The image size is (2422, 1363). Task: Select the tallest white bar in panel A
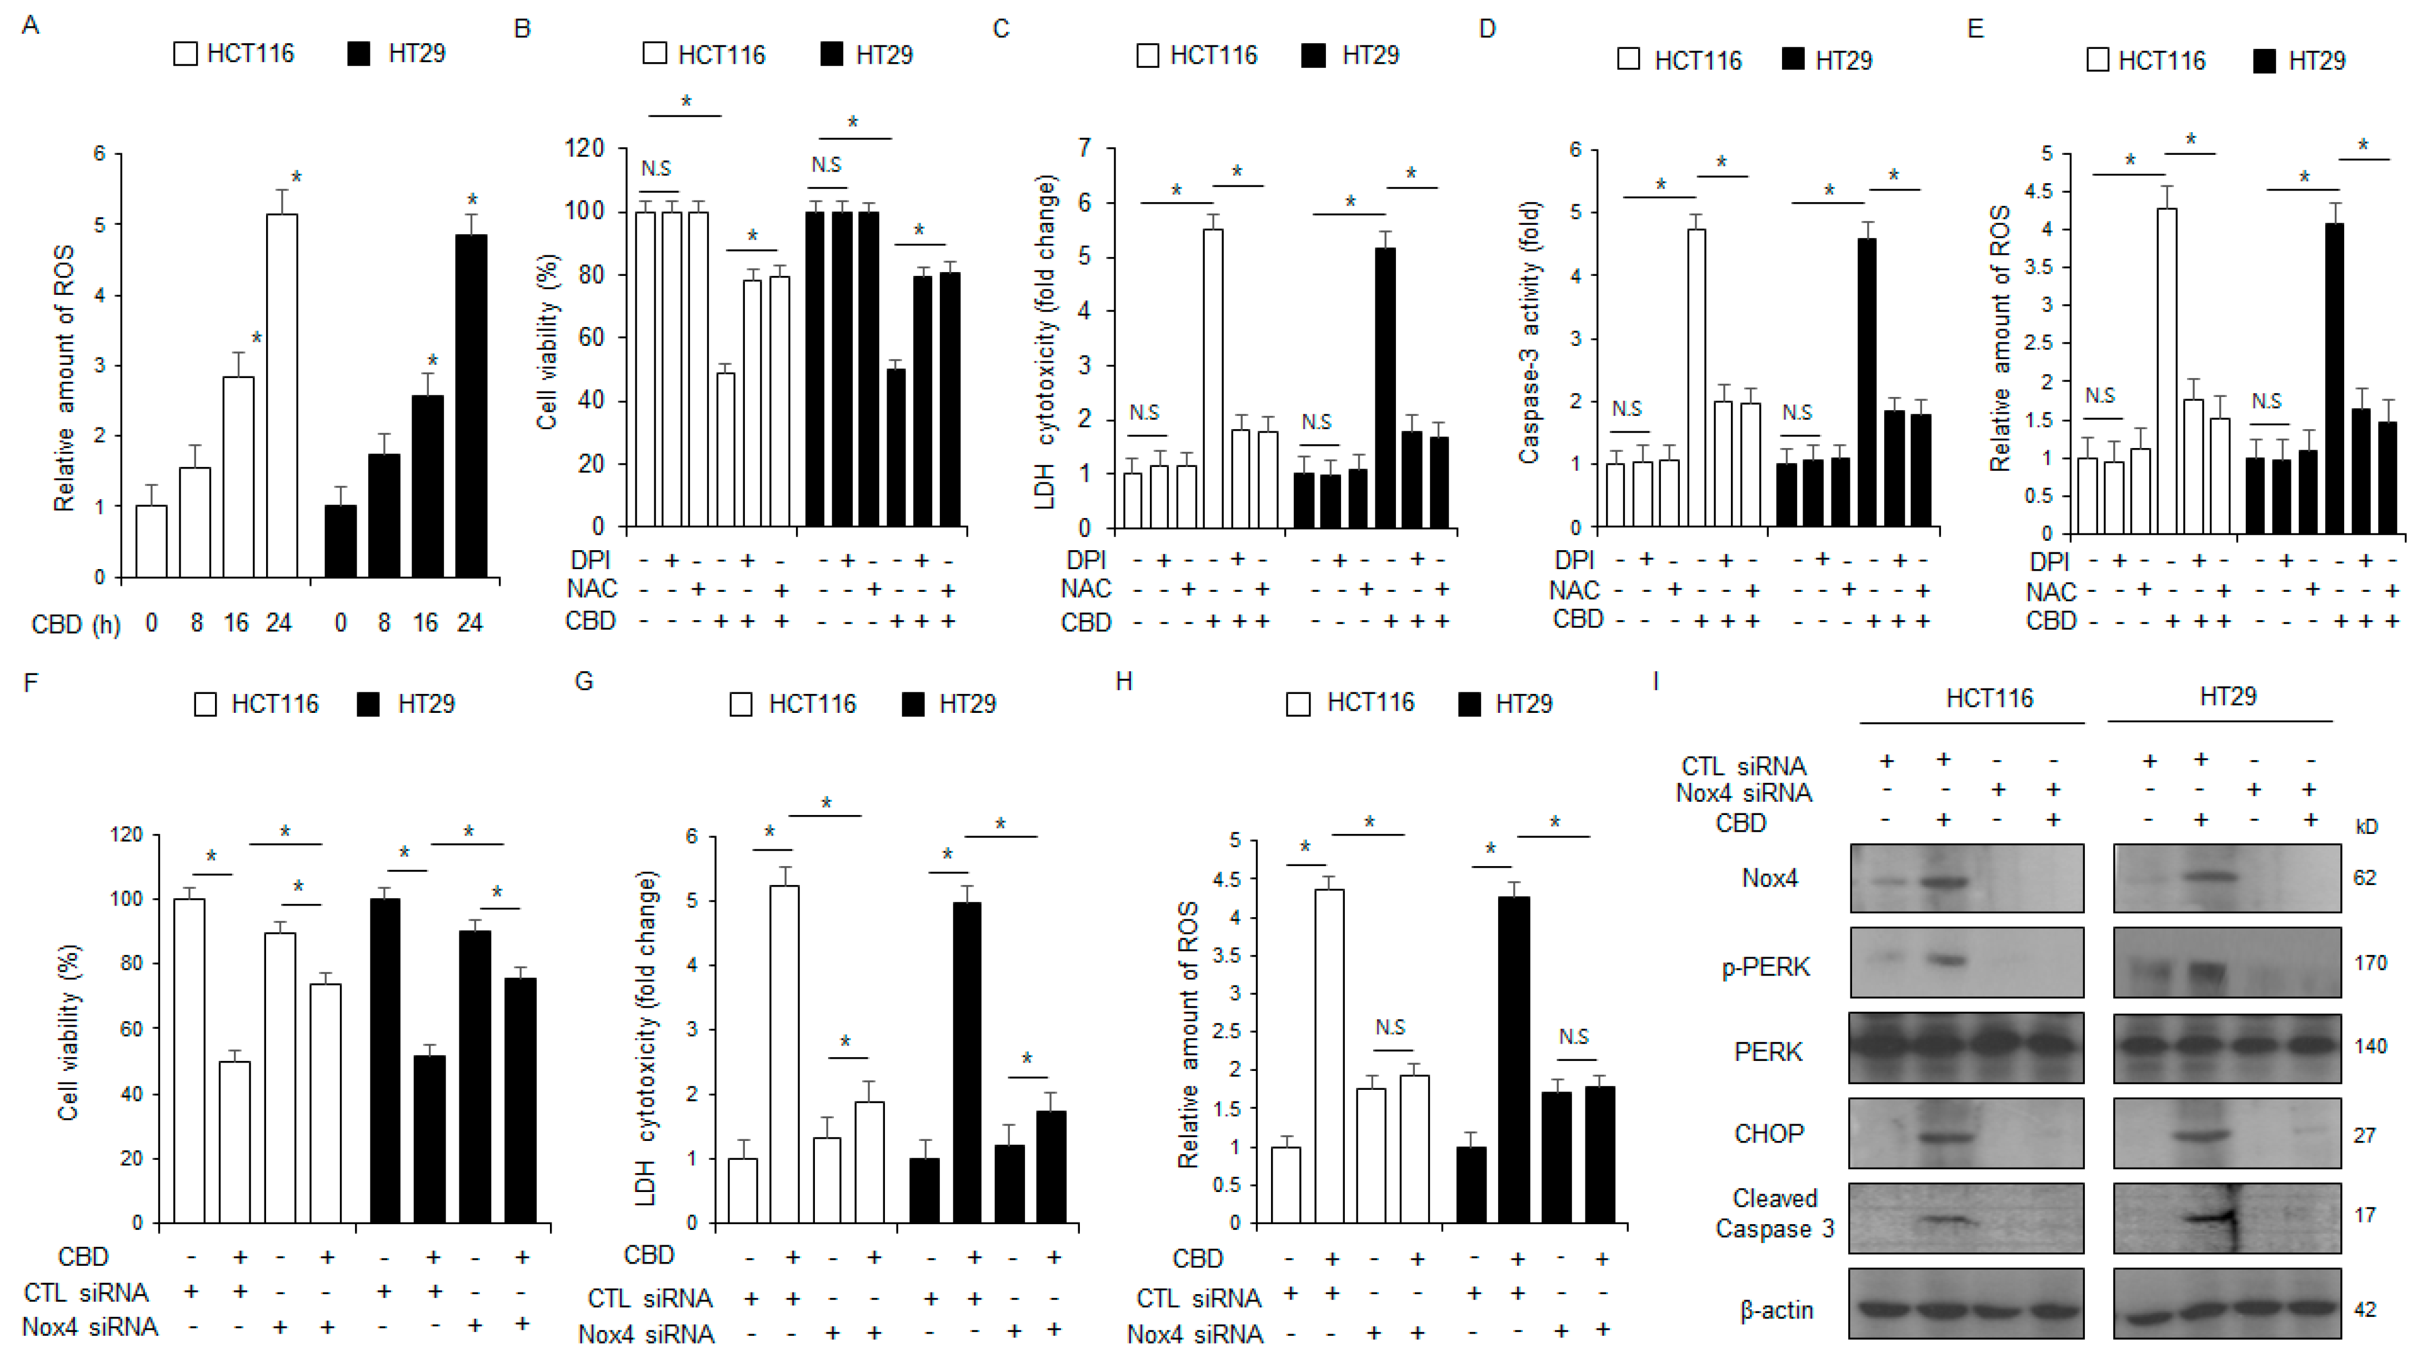click(x=282, y=395)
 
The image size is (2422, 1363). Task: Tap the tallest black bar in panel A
click(x=471, y=404)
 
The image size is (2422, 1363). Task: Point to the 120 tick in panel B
click(x=583, y=149)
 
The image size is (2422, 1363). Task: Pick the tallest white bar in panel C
click(x=1214, y=376)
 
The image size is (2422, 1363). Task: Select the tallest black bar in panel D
click(x=1867, y=381)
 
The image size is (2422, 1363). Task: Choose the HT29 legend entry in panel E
click(x=2299, y=61)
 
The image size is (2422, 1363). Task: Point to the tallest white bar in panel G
click(x=785, y=1053)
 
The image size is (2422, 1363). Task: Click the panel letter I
click(x=1656, y=681)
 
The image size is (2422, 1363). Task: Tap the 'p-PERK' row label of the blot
click(x=1766, y=967)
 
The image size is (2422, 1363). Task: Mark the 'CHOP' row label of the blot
click(x=1769, y=1134)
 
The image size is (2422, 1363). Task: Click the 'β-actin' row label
click(x=1776, y=1309)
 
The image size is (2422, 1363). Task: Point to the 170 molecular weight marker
click(x=2370, y=963)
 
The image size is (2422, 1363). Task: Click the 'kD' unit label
click(x=2366, y=827)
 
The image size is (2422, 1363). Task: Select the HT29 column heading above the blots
click(x=2228, y=697)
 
